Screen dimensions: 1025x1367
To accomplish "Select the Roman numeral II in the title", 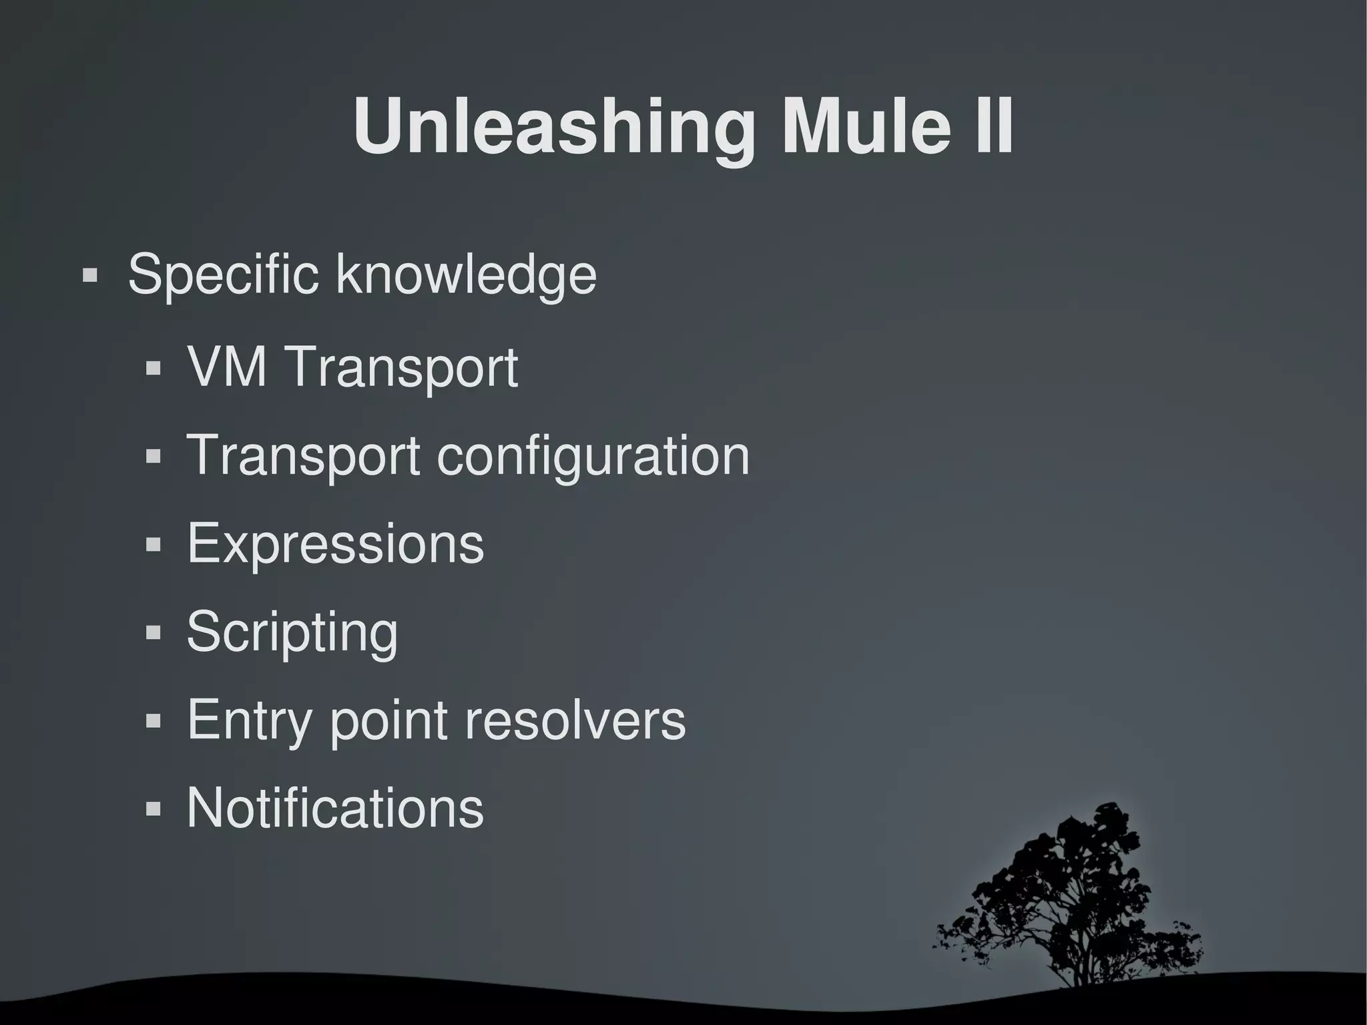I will point(993,127).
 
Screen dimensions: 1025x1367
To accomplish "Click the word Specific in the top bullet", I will point(223,274).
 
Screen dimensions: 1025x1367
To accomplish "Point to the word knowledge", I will point(466,274).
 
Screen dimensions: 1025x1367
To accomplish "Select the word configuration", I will point(593,455).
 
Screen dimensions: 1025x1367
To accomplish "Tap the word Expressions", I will point(335,544).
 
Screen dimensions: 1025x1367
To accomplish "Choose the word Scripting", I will point(292,632).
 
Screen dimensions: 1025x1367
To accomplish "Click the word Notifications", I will point(335,808).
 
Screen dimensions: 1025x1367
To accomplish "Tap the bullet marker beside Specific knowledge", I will point(90,275).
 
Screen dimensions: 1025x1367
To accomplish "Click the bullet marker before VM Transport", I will point(154,368).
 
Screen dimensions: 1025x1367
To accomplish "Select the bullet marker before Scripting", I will point(154,632).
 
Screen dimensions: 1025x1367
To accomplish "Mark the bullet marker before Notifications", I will point(154,809).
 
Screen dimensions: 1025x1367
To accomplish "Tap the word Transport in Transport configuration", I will point(303,455).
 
